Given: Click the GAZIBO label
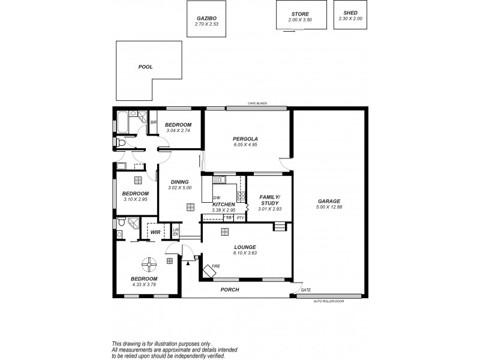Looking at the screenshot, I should [x=206, y=19].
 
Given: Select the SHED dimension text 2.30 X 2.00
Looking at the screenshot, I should [x=350, y=19].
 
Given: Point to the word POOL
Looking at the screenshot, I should [x=145, y=67].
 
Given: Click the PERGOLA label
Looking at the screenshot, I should [x=245, y=139].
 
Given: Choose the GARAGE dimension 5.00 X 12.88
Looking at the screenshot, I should [x=329, y=207].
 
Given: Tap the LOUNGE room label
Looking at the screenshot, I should [x=246, y=247].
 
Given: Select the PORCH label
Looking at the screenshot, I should [x=229, y=290].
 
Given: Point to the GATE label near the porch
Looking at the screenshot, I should [x=305, y=290].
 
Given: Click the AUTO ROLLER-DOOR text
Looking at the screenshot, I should [x=329, y=301].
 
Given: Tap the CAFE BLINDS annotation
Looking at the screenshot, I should [x=257, y=104].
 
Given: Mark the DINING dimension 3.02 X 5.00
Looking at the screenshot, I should [x=179, y=188].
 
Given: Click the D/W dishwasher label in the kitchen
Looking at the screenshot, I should [x=217, y=197].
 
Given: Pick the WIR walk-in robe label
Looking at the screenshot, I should [x=155, y=232].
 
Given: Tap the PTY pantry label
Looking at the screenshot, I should [x=240, y=217].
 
